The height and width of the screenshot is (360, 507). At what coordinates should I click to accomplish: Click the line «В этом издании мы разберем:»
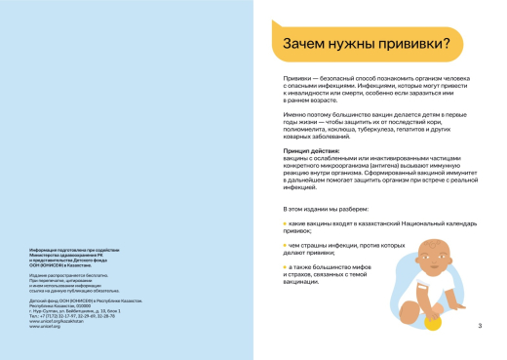[325, 208]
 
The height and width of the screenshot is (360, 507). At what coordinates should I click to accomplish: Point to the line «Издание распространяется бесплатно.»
[69, 274]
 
